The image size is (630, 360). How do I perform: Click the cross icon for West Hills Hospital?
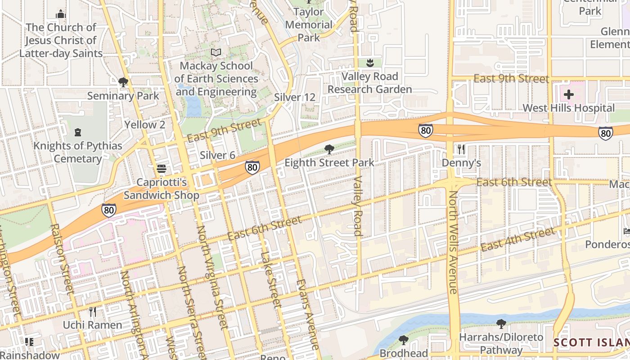click(x=569, y=95)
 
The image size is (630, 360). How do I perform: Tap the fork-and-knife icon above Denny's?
click(x=461, y=149)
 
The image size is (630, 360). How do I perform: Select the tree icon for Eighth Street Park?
click(x=329, y=149)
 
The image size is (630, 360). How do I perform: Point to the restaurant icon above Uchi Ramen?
click(x=93, y=311)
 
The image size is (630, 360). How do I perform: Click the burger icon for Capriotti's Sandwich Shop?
click(x=162, y=169)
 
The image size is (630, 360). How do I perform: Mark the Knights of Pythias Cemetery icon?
click(x=78, y=132)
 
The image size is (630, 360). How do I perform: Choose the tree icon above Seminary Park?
click(x=123, y=82)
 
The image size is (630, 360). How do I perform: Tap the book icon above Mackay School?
click(x=216, y=53)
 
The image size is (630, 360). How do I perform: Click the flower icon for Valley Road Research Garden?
click(x=370, y=63)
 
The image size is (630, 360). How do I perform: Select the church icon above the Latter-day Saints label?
click(x=61, y=14)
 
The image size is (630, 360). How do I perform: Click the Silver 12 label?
click(x=295, y=98)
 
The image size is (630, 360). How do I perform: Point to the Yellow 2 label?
click(x=144, y=125)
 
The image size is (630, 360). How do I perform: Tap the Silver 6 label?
click(x=217, y=155)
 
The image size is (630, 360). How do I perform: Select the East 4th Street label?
click(x=517, y=239)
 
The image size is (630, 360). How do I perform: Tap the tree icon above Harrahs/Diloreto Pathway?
click(x=501, y=324)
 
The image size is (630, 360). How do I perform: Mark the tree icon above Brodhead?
click(x=404, y=340)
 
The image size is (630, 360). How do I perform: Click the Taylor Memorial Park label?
click(x=309, y=25)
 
